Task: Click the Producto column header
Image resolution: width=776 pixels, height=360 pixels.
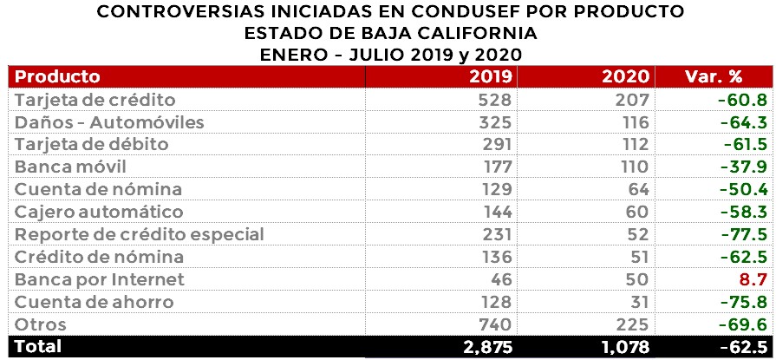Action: [57, 76]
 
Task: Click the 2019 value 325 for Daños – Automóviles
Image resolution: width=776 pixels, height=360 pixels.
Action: [497, 122]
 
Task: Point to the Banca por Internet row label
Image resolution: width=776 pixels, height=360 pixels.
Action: [100, 279]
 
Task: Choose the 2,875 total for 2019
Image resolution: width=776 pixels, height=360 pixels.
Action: [484, 347]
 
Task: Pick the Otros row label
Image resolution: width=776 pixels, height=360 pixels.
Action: [40, 324]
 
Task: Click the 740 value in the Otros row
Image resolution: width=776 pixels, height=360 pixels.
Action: [497, 324]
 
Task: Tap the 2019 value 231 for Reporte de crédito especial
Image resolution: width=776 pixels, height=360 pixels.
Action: [497, 234]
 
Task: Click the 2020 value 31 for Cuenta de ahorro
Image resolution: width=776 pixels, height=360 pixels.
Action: [639, 302]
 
